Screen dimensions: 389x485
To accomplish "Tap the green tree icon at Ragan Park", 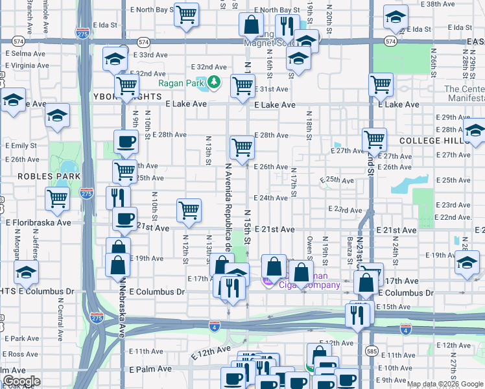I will pos(214,83).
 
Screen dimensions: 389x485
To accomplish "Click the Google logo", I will pos(21,381).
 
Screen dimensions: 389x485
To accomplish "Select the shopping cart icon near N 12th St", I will pos(189,209).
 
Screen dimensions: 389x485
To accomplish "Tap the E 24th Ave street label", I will pos(271,198).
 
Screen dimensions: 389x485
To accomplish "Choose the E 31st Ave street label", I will pos(271,89).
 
